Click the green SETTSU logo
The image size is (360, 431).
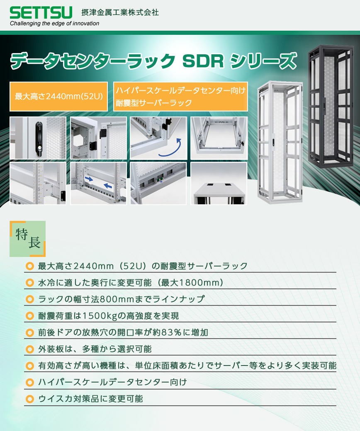coord(41,12)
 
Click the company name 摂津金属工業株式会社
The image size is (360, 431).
coord(120,12)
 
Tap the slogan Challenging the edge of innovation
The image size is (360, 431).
coord(54,24)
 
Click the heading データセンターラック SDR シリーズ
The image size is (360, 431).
coord(153,61)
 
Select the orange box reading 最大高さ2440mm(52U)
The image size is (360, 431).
coord(59,97)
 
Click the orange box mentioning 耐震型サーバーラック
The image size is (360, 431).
coord(180,97)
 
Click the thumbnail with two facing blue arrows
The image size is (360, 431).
coord(98,183)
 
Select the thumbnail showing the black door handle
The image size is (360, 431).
coord(38,138)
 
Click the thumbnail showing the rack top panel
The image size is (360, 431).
coord(219,183)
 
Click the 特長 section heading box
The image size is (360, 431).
coord(28,239)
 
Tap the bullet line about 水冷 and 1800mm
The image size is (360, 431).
coord(131,283)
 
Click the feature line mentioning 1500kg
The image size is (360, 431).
coord(109,316)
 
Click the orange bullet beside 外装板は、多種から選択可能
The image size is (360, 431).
coord(29,349)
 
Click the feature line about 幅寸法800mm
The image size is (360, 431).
coord(121,299)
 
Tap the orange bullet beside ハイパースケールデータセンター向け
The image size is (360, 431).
coord(29,382)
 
